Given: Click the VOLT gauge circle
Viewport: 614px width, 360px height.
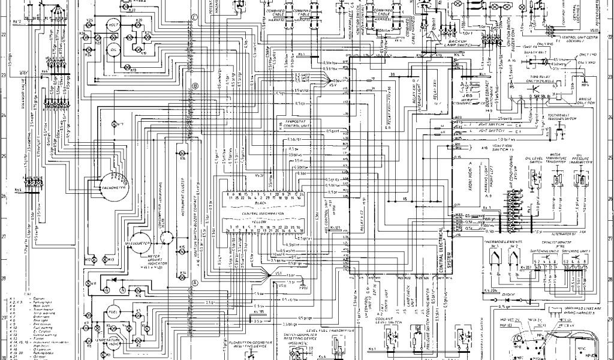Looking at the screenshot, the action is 113,25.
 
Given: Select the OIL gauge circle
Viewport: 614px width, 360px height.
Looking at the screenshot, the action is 113,48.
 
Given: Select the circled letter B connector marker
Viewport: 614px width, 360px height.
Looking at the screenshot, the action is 195,86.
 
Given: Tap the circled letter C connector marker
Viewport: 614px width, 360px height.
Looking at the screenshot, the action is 195,16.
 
